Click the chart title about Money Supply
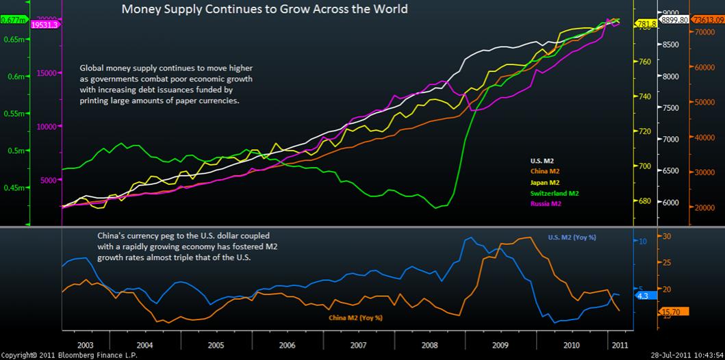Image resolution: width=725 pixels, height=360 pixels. tap(264, 10)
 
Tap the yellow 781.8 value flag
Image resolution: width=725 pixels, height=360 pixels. tap(646, 24)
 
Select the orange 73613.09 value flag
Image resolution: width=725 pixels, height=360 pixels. tap(709, 21)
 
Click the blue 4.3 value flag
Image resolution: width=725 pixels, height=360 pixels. tap(644, 296)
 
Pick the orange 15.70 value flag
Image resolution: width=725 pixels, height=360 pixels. tap(670, 312)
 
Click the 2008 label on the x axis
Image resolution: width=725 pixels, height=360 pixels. tap(430, 345)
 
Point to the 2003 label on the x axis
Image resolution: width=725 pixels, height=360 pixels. tap(86, 345)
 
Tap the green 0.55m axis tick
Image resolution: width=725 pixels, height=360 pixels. tap(13, 113)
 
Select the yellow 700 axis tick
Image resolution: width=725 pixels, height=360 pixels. tap(644, 166)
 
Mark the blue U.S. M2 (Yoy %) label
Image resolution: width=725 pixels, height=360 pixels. tap(572, 237)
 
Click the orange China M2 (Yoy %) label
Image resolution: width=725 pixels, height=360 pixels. tap(355, 318)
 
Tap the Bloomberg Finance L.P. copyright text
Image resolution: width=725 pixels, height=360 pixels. tap(69, 355)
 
